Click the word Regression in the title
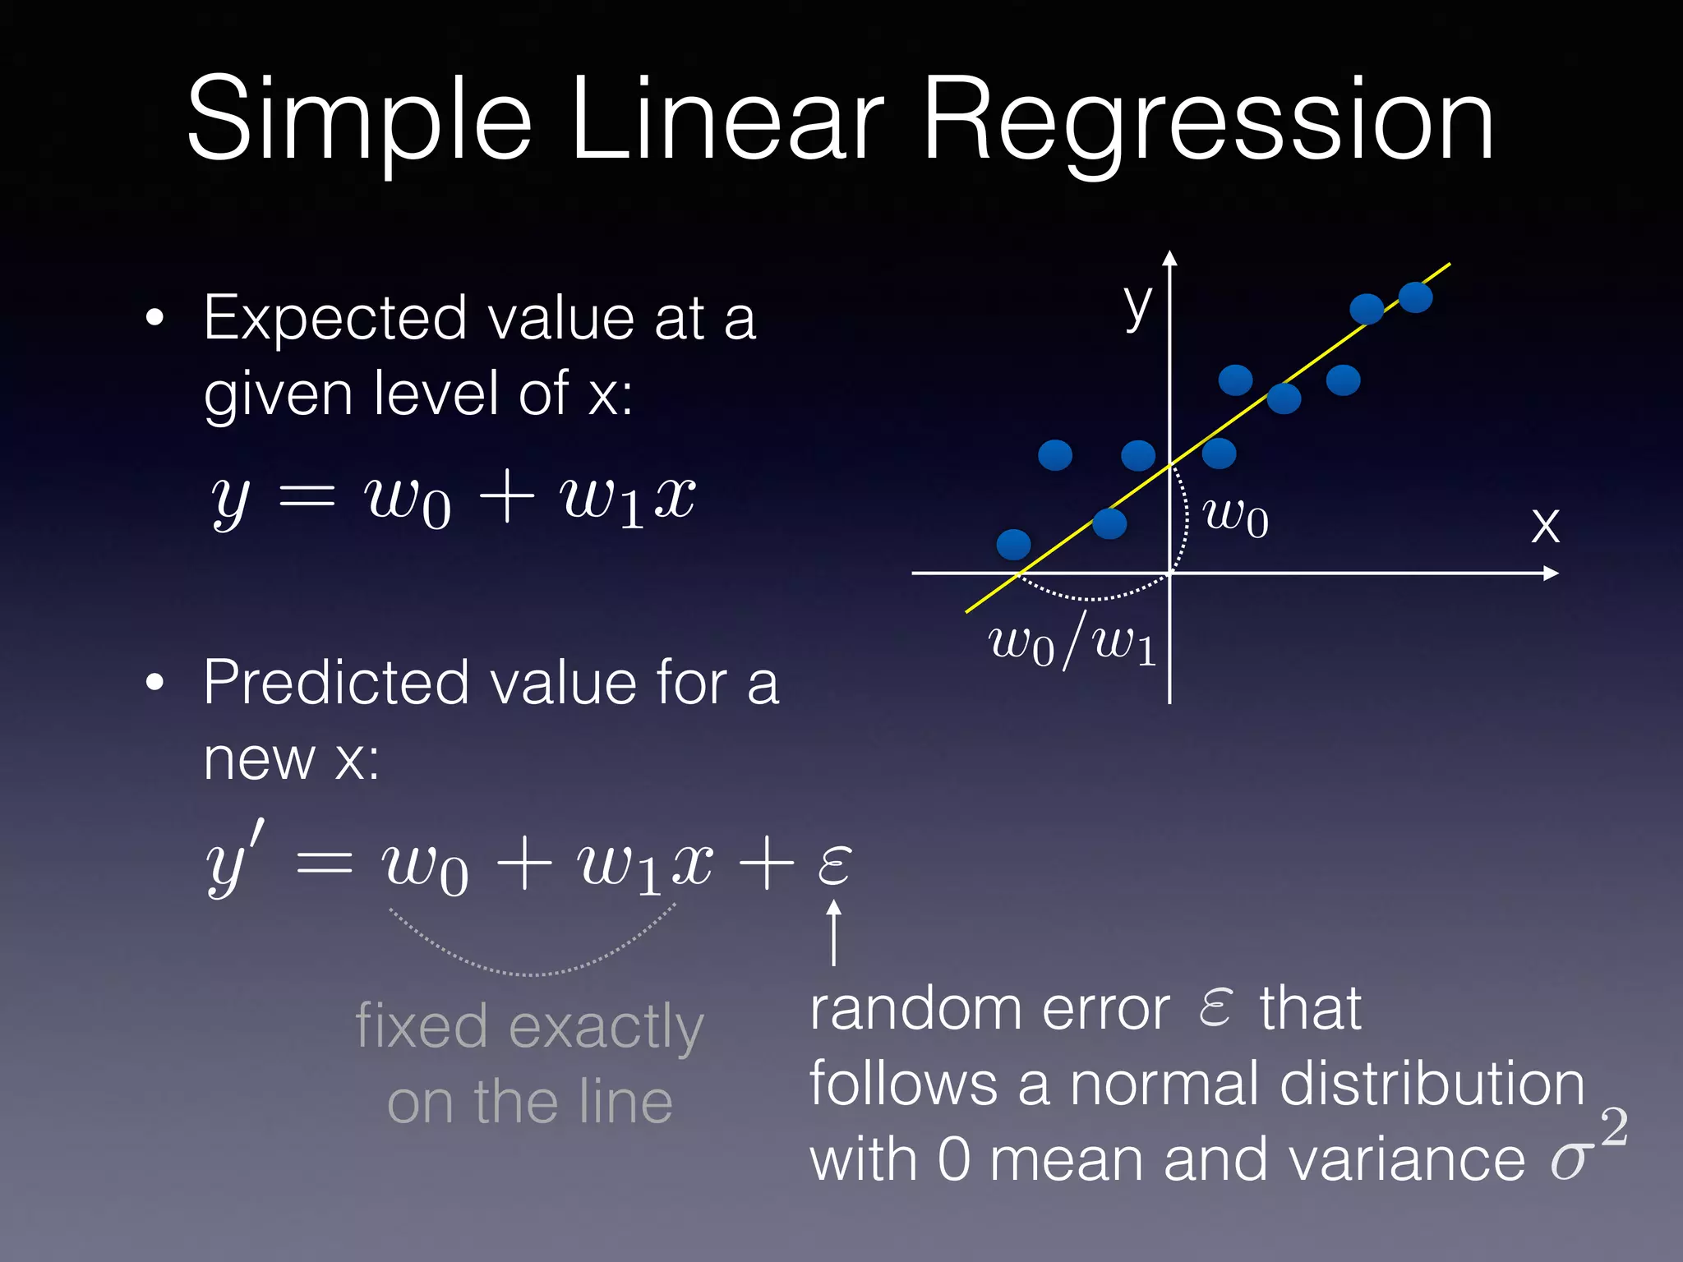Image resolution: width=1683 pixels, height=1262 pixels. (x=1208, y=123)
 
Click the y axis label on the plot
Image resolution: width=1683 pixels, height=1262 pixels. (x=1138, y=306)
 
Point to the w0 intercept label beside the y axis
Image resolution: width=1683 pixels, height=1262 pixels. (x=1235, y=518)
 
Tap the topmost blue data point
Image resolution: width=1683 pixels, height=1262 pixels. (x=1415, y=297)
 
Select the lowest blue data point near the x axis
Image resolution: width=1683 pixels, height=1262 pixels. (x=1013, y=544)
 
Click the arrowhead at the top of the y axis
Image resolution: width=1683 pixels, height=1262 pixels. (x=1170, y=259)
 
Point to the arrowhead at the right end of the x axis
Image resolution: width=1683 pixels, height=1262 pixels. (x=1551, y=573)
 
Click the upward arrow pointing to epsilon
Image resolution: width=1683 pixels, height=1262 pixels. (x=834, y=933)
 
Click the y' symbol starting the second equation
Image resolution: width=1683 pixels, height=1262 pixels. (x=234, y=863)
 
